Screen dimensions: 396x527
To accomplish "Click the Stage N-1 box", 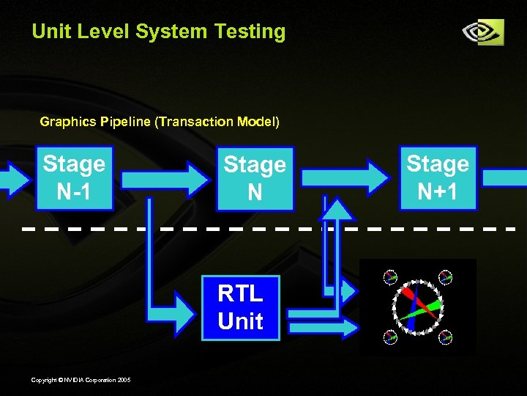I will pos(74,178).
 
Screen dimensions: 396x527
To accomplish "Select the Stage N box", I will pos(255,178).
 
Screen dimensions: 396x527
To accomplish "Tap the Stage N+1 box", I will pos(438,178).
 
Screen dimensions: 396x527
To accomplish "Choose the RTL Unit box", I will pos(241,308).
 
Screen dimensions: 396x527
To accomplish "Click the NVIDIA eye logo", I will pos(483,32).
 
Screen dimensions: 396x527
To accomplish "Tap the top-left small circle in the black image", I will pos(389,277).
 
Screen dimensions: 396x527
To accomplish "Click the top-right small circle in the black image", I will pos(446,277).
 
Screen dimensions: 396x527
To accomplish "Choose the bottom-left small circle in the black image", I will pos(389,337).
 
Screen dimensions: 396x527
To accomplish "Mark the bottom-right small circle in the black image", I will pos(446,337).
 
